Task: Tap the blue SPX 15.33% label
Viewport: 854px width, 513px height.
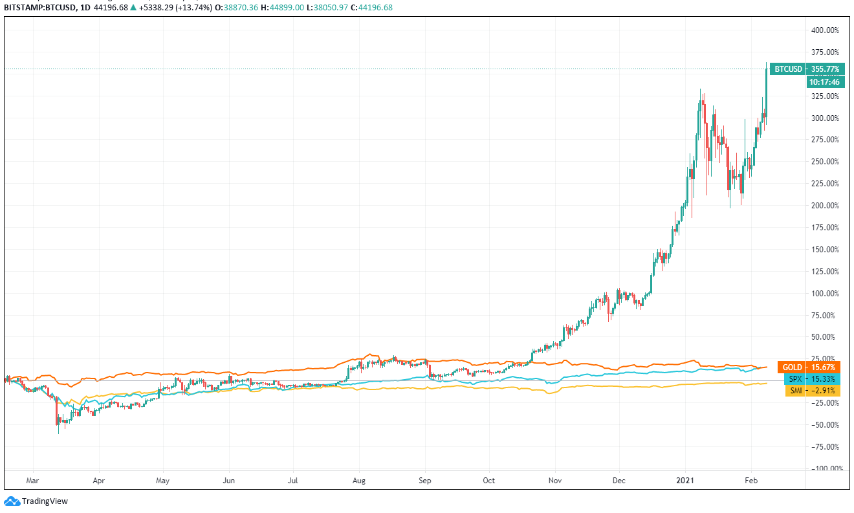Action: (x=813, y=378)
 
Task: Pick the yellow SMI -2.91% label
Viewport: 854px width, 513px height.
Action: (x=813, y=391)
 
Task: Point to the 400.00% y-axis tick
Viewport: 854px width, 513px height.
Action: (x=825, y=30)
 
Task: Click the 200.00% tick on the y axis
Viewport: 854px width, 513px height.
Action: (x=825, y=205)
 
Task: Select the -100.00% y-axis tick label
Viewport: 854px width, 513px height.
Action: (x=825, y=468)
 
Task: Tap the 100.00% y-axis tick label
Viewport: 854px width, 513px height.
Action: (x=825, y=293)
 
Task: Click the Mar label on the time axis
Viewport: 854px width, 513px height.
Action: (x=34, y=481)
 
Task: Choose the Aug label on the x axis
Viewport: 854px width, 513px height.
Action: (x=359, y=481)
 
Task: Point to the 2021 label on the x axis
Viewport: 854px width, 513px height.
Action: (x=685, y=481)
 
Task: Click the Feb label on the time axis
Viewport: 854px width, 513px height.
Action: (x=751, y=481)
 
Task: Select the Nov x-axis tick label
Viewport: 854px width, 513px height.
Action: (x=554, y=481)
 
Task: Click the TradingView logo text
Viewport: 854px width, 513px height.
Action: (x=44, y=501)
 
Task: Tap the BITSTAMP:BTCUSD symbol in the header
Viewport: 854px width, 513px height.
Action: (x=37, y=8)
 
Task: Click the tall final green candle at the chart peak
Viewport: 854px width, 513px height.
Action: (x=767, y=91)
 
